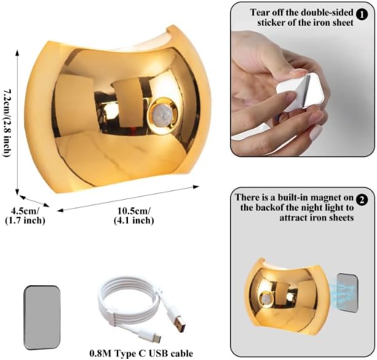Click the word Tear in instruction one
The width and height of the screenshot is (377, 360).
click(261, 11)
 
